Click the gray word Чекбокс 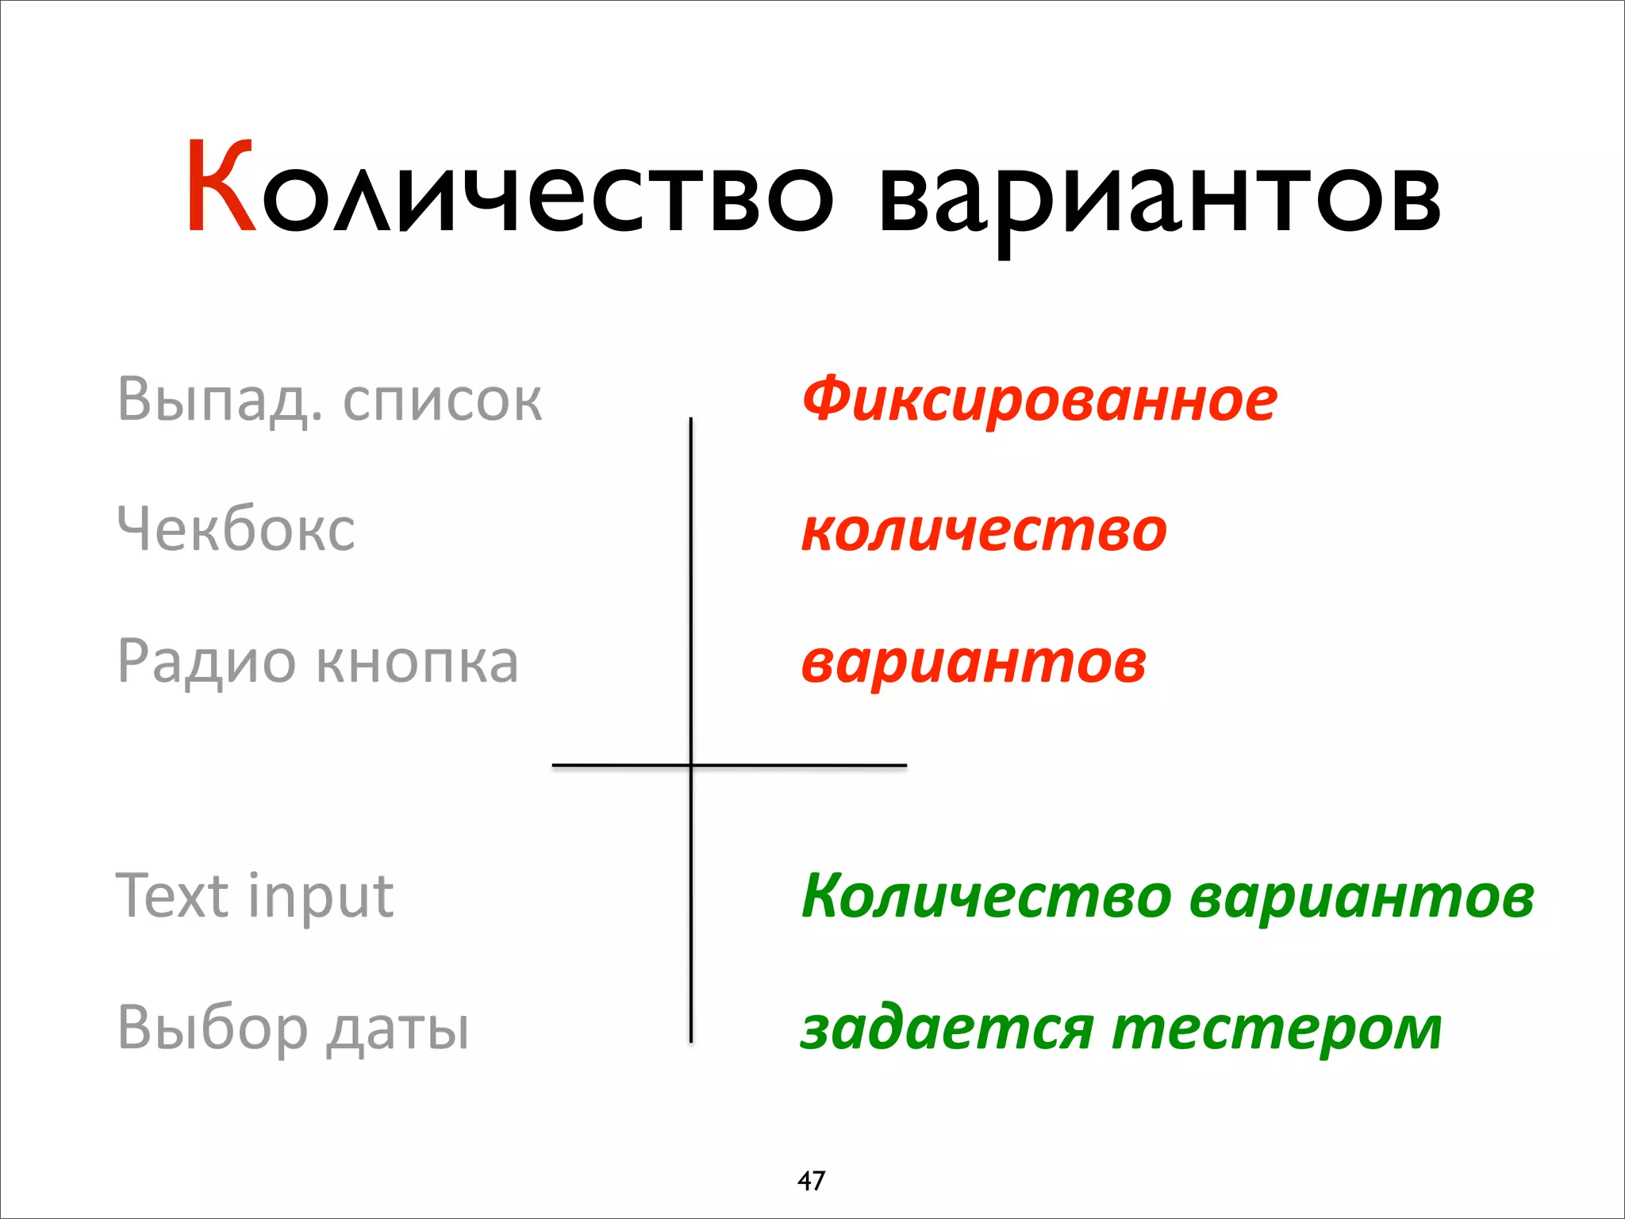pyautogui.click(x=236, y=529)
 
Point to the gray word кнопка pyautogui.click(x=417, y=662)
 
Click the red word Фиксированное pyautogui.click(x=1039, y=399)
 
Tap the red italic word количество pyautogui.click(x=984, y=530)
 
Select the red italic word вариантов pyautogui.click(x=974, y=662)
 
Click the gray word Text pyautogui.click(x=172, y=895)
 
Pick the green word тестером pyautogui.click(x=1277, y=1029)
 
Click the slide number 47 pyautogui.click(x=811, y=1181)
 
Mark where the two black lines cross pyautogui.click(x=691, y=765)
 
